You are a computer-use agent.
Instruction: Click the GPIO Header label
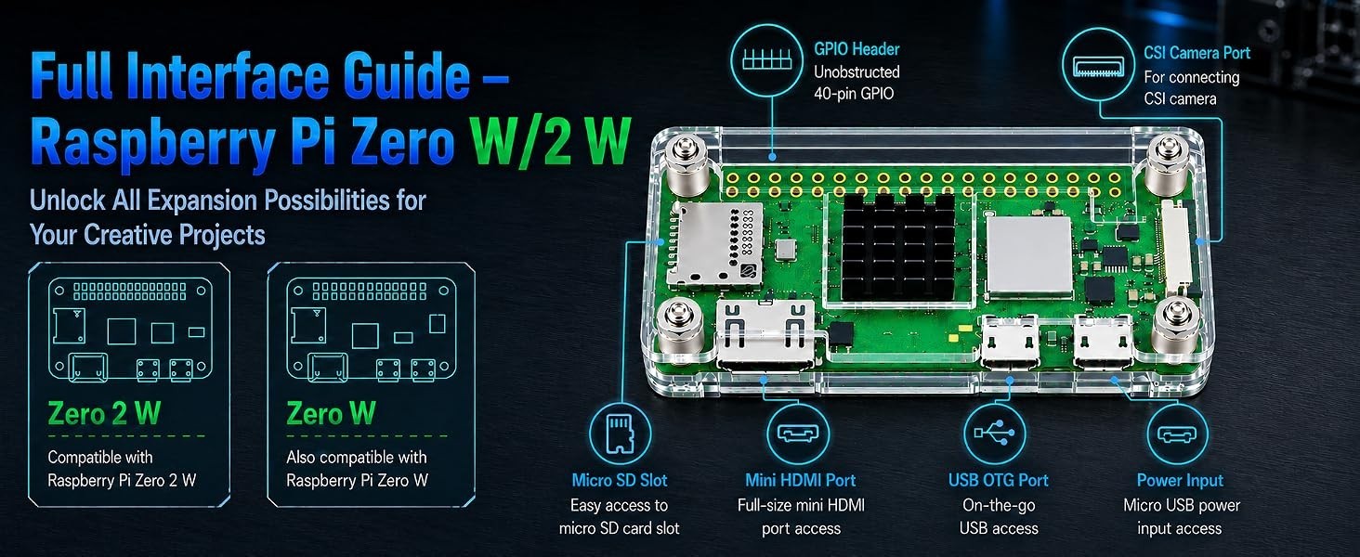857,49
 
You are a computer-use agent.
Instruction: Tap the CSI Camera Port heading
1197,54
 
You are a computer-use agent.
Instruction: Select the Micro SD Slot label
620,480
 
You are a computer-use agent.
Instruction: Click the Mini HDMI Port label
800,480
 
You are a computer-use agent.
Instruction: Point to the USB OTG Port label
998,480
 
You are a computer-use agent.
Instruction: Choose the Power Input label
1180,480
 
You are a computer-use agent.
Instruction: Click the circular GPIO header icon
767,59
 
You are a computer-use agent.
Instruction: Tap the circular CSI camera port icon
1099,65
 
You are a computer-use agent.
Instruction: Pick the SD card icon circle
620,434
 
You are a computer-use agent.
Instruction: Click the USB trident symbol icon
995,434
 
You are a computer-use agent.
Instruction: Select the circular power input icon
1177,434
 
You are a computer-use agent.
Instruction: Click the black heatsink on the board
896,247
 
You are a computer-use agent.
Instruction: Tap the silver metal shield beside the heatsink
1029,256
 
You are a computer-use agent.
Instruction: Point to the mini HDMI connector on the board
765,335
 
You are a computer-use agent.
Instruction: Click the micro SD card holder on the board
714,244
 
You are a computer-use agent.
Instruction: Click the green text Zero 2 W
104,414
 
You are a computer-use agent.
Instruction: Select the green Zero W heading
331,414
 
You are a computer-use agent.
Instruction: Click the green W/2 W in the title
550,142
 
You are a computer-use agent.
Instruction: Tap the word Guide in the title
406,77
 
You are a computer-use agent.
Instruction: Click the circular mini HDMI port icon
798,434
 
